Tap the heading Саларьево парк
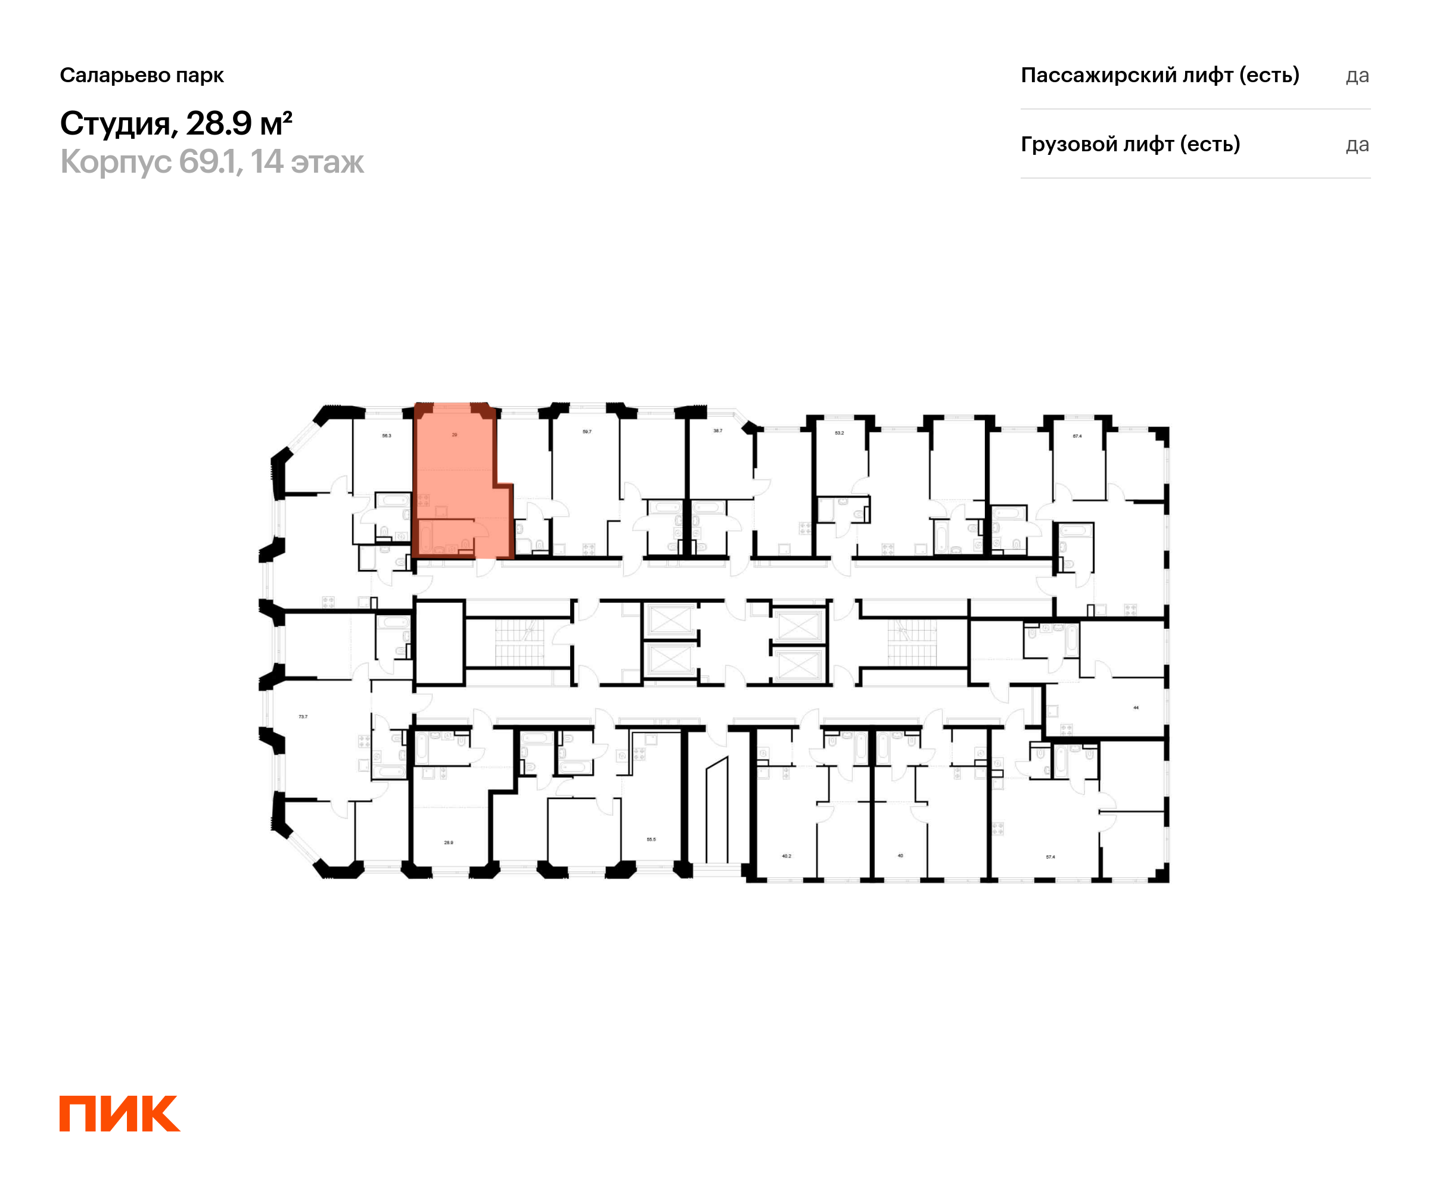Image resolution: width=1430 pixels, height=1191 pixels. tap(142, 75)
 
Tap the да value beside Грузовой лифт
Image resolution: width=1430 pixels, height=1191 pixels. tap(1357, 144)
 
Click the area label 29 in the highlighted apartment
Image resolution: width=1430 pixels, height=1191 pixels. tap(454, 434)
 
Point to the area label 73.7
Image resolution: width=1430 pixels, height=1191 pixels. tap(303, 716)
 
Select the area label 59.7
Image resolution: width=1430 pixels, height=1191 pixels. tap(587, 432)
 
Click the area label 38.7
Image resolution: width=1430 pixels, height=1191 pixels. tap(718, 431)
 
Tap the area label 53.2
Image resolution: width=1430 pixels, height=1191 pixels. tap(839, 433)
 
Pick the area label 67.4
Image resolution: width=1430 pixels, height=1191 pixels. tap(1077, 435)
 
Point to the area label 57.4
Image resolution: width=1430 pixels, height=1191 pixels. tap(1050, 857)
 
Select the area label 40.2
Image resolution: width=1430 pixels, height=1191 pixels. tap(786, 856)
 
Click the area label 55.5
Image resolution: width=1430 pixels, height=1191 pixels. tap(651, 839)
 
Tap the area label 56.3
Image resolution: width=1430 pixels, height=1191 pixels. tap(386, 435)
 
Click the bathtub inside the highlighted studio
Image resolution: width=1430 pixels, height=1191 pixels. tap(425, 537)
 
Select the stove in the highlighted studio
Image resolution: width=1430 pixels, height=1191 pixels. tap(423, 500)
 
